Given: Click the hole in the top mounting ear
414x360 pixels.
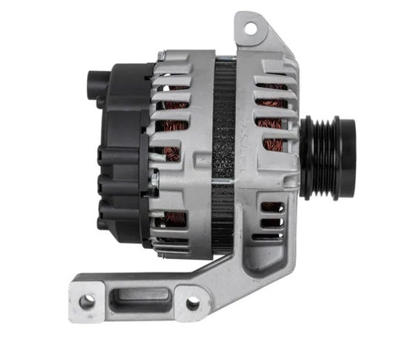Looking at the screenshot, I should click(x=251, y=29).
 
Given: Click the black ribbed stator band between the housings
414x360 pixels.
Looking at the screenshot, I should click(x=226, y=155).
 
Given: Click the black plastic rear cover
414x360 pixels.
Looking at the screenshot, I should click(x=120, y=155).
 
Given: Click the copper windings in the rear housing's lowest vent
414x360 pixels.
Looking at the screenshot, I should click(x=172, y=219).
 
